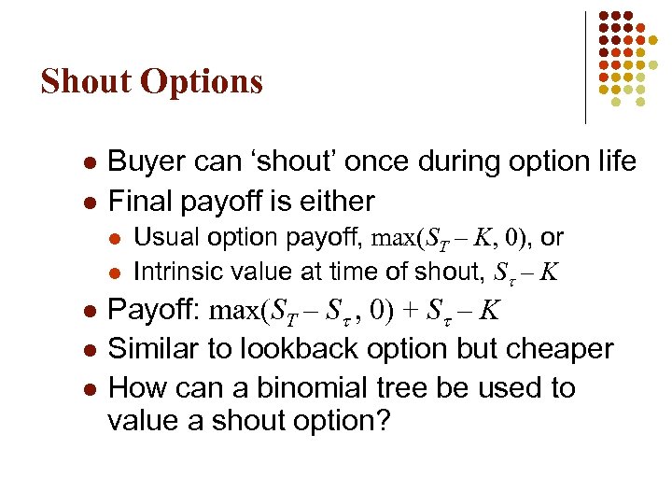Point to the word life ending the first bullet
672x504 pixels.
[x=613, y=162]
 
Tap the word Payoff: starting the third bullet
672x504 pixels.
[x=156, y=310]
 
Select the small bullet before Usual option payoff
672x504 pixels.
[x=114, y=239]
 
